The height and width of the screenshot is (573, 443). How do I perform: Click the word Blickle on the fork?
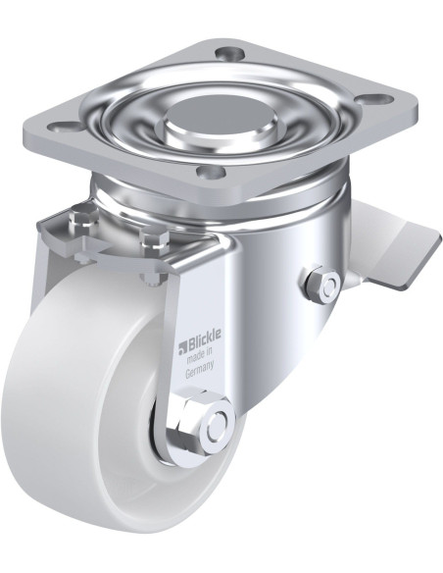click(x=205, y=339)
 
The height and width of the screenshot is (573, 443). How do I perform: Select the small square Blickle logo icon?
click(x=182, y=348)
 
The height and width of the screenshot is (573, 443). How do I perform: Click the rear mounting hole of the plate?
click(x=228, y=55)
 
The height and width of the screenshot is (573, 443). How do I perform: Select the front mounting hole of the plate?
click(x=209, y=171)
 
